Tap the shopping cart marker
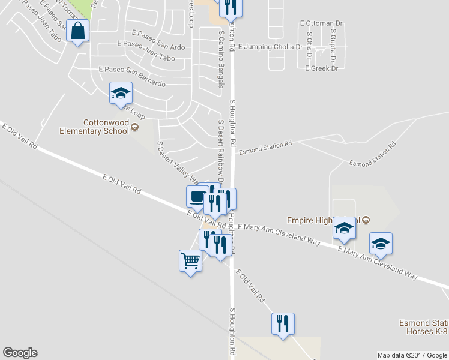click(x=190, y=261)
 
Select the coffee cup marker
click(x=196, y=196)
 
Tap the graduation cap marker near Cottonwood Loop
click(x=121, y=93)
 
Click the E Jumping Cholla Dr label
click(x=270, y=47)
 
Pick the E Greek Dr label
click(x=321, y=68)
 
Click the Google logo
click(x=20, y=353)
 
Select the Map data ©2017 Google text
click(x=412, y=355)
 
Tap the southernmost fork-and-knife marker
click(x=282, y=324)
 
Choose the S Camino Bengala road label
click(x=221, y=60)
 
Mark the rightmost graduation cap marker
click(x=381, y=244)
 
